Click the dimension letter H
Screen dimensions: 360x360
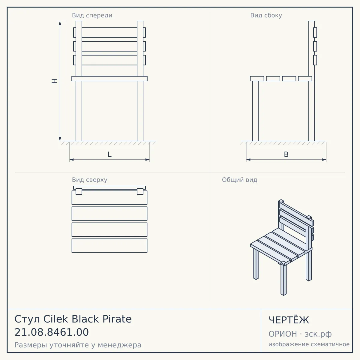coord(54,81)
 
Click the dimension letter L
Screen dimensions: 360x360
coord(109,154)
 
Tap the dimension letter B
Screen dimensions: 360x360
coord(286,154)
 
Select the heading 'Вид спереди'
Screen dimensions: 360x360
coord(92,15)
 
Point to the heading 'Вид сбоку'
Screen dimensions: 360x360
coord(266,15)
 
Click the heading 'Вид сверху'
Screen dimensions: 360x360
coord(90,180)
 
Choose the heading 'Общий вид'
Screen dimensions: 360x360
coord(239,180)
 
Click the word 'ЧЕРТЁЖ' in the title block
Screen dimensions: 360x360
coord(289,320)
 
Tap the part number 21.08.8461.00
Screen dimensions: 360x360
coord(52,332)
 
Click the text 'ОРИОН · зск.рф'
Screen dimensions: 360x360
coord(300,334)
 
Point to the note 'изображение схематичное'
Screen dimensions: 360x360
coord(309,344)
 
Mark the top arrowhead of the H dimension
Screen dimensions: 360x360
coord(60,23)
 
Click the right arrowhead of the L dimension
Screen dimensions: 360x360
coord(147,160)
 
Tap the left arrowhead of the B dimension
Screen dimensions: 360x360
coord(248,160)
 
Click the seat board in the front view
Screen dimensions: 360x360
coord(109,79)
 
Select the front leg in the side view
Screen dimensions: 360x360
coord(256,111)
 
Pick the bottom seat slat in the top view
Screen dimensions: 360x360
coord(109,245)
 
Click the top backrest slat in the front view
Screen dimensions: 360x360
coord(109,32)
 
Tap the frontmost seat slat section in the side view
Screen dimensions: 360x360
coord(257,79)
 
